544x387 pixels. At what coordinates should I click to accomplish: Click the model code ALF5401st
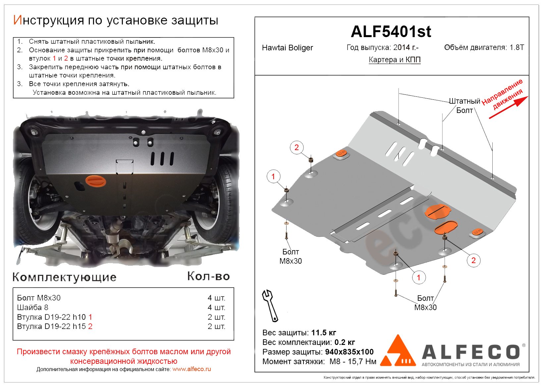click(391, 32)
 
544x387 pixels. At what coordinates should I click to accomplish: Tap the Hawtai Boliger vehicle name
click(287, 48)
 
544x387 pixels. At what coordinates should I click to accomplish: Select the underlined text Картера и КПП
click(394, 60)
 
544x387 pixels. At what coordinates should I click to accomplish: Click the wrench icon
click(270, 305)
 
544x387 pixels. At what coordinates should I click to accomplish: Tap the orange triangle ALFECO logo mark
click(398, 352)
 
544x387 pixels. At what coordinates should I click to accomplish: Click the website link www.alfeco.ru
click(191, 369)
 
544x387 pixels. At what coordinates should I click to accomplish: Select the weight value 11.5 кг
click(323, 333)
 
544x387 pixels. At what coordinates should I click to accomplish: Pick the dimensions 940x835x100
click(349, 352)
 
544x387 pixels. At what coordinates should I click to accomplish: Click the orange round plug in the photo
click(96, 181)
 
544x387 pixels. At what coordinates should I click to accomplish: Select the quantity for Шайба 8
click(216, 307)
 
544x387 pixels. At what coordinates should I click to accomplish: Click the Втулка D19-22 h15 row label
click(55, 327)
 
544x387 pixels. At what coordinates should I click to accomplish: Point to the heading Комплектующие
click(64, 277)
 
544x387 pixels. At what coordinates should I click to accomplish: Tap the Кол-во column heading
click(208, 276)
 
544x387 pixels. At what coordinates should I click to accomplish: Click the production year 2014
click(402, 47)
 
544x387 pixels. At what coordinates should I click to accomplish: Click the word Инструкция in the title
click(48, 21)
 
